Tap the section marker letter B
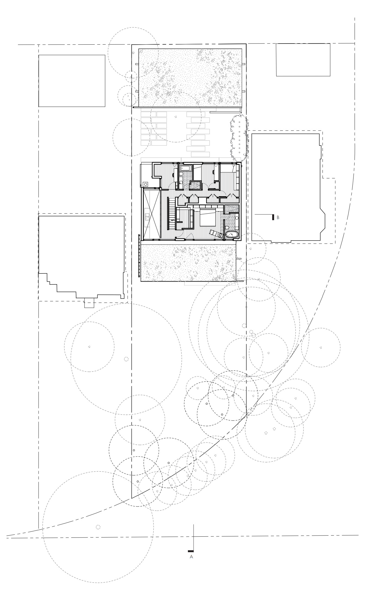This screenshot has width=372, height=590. [x=278, y=217]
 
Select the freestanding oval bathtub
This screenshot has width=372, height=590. [x=232, y=234]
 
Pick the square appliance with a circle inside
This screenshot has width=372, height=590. [x=145, y=184]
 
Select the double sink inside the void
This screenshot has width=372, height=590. [x=147, y=217]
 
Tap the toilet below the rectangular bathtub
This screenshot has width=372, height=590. [x=181, y=175]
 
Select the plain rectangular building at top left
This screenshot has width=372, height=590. [x=72, y=81]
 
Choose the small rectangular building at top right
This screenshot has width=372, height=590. [x=303, y=60]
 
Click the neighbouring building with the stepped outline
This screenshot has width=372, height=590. [x=82, y=256]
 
